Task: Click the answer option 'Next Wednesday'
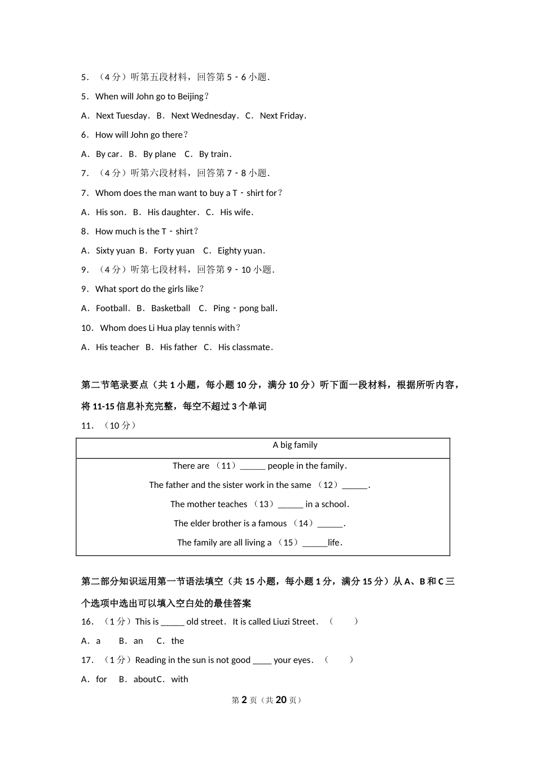pos(203,116)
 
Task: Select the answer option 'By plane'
pos(159,154)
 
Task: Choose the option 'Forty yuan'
pos(174,251)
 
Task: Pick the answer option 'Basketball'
pos(170,308)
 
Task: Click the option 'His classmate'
pos(244,347)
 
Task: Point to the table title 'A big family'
pos(295,445)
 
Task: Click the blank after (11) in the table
pos(253,466)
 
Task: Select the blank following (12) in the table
pos(354,486)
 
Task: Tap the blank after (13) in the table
pos(291,505)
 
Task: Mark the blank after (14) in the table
pos(330,524)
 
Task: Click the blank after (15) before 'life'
pos(315,543)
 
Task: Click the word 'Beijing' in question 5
pos(190,97)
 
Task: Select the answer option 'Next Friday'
pos(282,116)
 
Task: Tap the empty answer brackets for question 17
pos(339,660)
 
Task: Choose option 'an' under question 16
pos(138,641)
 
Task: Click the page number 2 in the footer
pos(244,700)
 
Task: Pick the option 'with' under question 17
pos(179,679)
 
